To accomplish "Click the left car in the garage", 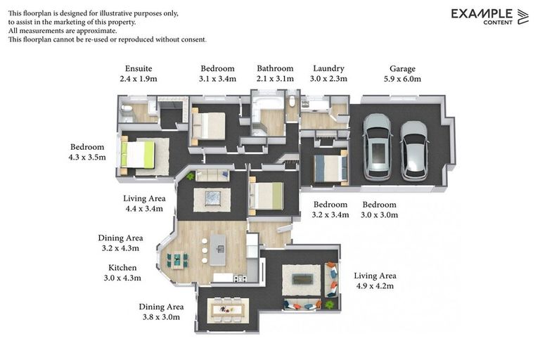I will click(377, 146).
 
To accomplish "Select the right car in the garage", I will click(414, 150).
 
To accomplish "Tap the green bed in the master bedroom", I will click(138, 155).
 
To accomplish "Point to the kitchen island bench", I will click(219, 250).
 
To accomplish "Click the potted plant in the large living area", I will click(330, 304).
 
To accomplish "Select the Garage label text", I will click(402, 69).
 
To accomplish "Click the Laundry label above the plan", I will click(328, 69).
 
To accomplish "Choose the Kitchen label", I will click(122, 268).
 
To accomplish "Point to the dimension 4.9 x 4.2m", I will click(374, 286).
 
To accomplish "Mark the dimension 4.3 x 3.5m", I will click(87, 157).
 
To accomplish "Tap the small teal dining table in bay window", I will click(177, 259).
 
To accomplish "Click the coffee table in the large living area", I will click(302, 279).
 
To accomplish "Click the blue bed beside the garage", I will click(329, 168).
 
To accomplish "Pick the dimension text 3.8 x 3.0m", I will click(161, 317).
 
